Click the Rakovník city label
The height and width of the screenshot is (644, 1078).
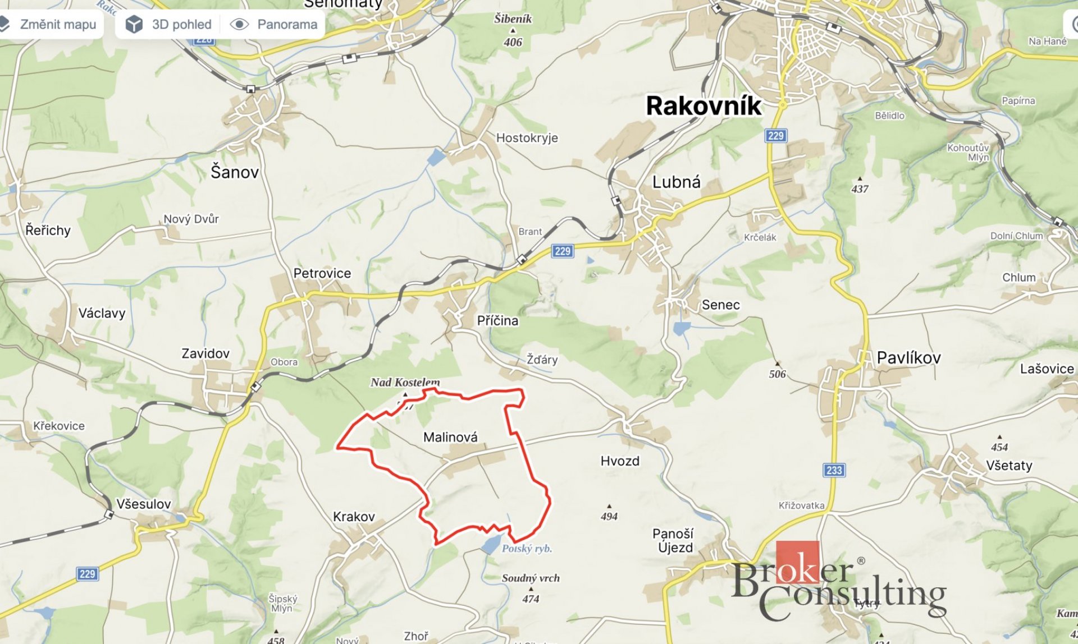(704, 105)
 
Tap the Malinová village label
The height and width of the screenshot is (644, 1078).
(450, 437)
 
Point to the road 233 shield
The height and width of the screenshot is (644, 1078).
(834, 470)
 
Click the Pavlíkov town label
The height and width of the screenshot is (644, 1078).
(908, 357)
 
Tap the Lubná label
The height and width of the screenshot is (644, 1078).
(676, 182)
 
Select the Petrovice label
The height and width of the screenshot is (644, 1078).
(322, 273)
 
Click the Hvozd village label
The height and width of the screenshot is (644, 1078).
(620, 461)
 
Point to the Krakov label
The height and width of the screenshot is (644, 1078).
(354, 517)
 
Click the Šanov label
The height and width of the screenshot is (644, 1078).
(235, 172)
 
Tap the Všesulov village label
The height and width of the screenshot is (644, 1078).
(144, 504)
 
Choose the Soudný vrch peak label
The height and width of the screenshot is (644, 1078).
(531, 578)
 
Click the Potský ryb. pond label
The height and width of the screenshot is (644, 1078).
(527, 549)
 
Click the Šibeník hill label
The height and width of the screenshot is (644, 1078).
(513, 19)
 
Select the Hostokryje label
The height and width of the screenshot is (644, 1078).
(527, 138)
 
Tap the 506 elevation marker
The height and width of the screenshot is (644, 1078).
(777, 373)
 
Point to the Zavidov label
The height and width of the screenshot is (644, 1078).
(205, 353)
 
